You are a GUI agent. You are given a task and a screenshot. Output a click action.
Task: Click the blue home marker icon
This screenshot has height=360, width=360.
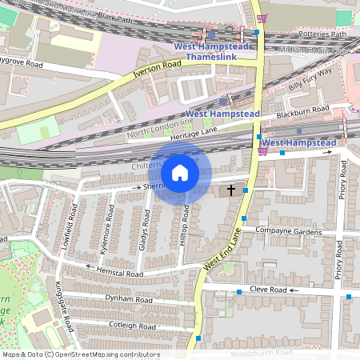pos(180,173)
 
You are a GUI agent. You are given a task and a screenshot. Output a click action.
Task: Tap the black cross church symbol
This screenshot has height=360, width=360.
pos(232,190)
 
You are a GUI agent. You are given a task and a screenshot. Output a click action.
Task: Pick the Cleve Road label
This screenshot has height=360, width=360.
pos(267,289)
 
